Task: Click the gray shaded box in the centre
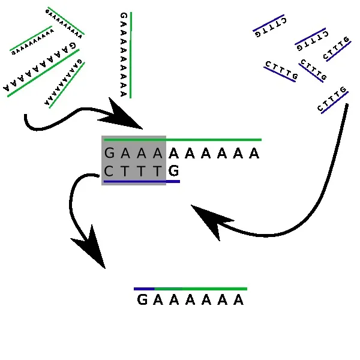(134, 160)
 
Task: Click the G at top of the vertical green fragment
(123, 16)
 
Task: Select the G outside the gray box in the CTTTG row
(173, 172)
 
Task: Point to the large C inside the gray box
(109, 172)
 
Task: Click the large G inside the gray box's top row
(109, 154)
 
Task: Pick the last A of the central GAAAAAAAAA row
(254, 154)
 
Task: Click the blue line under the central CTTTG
(142, 181)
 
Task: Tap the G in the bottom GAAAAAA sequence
(142, 300)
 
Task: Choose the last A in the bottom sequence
(239, 300)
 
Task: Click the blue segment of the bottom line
(144, 289)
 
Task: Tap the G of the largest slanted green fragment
(73, 46)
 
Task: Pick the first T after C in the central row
(125, 172)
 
